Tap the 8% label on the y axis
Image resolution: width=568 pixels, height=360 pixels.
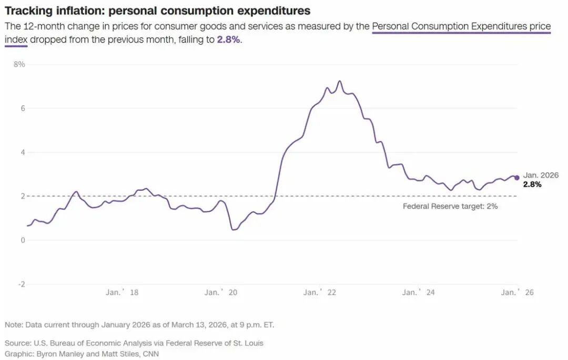tap(19, 64)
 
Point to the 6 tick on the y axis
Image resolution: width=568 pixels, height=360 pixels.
tap(23, 108)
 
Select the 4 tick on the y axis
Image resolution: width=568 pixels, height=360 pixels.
tap(23, 152)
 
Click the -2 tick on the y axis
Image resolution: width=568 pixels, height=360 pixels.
tap(22, 284)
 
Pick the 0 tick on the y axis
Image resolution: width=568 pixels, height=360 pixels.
tap(23, 240)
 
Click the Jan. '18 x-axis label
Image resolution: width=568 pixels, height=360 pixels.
tap(122, 293)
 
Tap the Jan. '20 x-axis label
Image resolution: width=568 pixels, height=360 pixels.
tap(221, 293)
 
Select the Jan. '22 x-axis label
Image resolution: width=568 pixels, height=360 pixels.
tap(320, 293)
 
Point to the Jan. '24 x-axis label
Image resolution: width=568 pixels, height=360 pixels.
tap(419, 293)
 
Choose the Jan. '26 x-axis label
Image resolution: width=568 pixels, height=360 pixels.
tap(517, 293)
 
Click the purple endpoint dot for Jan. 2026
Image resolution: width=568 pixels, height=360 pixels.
tap(517, 178)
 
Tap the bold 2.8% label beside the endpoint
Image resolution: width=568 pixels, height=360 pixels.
tap(532, 184)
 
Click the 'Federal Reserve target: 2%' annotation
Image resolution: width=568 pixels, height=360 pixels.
tap(450, 207)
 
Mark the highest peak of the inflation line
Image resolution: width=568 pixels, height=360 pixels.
tap(340, 81)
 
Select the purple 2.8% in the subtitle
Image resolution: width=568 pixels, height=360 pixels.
tap(229, 40)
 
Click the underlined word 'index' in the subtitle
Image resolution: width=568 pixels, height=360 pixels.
tap(16, 40)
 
